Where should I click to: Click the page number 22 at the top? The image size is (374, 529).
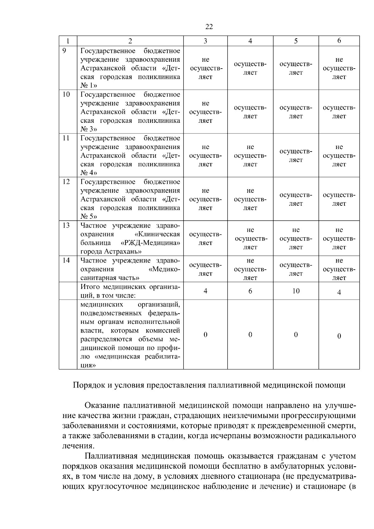(x=209, y=27)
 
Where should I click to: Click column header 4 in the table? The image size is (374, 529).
(x=250, y=41)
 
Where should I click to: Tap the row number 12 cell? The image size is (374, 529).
(x=66, y=181)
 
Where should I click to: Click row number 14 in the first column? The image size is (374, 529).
(x=66, y=260)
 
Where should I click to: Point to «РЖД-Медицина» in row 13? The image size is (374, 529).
(x=150, y=243)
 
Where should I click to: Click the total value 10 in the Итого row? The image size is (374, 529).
(x=296, y=291)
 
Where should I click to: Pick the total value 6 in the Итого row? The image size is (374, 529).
(x=250, y=291)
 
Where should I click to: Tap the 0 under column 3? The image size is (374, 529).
(x=205, y=334)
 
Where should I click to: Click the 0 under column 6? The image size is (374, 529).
(x=339, y=336)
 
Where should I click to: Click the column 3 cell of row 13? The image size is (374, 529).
(x=205, y=238)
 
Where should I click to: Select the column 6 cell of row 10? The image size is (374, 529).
(x=339, y=112)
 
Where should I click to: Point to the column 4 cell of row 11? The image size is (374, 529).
(x=250, y=156)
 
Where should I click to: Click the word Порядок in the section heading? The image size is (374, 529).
(x=85, y=385)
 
